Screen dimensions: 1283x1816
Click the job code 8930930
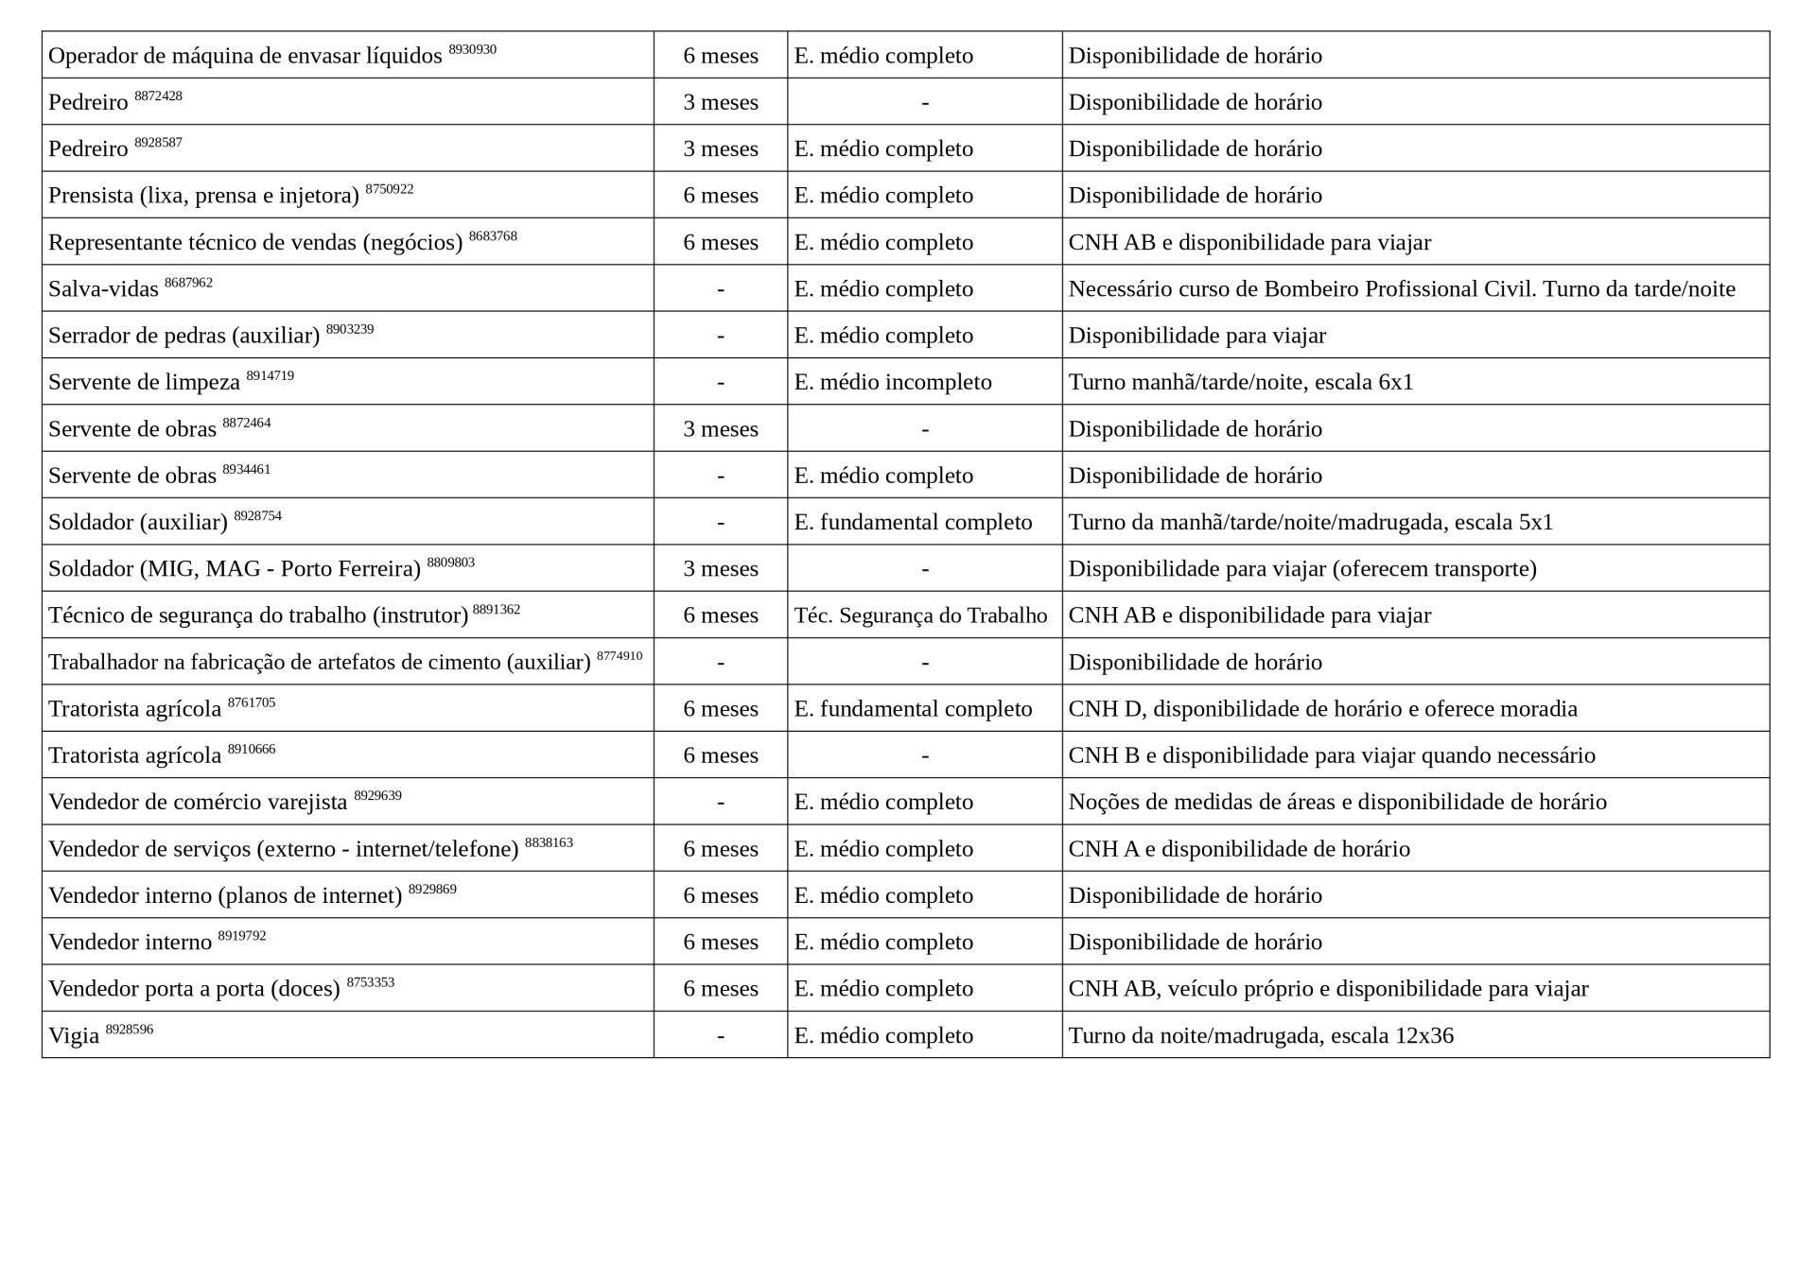[472, 49]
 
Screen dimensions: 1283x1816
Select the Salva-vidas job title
[103, 289]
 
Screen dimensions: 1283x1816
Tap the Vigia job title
[74, 1036]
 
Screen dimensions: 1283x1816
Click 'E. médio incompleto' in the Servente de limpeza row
[892, 382]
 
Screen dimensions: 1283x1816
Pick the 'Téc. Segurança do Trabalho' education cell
[920, 615]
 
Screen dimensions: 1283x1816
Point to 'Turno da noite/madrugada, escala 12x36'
[1260, 1035]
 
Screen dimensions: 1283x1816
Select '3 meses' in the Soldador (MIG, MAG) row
[720, 568]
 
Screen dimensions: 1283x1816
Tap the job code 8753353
[370, 982]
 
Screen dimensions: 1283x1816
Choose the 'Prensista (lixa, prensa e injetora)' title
[203, 196]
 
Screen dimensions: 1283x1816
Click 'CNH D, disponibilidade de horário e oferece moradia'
[1322, 708]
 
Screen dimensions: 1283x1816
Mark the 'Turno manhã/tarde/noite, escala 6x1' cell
[1240, 382]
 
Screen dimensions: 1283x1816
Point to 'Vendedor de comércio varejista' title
[198, 803]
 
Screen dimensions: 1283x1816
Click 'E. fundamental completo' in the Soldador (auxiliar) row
[913, 522]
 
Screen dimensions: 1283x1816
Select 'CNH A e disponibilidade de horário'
[1238, 849]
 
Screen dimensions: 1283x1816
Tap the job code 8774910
[619, 656]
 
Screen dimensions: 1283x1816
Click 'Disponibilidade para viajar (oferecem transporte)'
[1301, 568]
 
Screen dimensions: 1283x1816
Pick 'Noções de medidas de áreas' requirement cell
[1336, 802]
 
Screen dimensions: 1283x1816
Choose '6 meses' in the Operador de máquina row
[720, 56]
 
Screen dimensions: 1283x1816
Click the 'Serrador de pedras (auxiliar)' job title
[183, 336]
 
